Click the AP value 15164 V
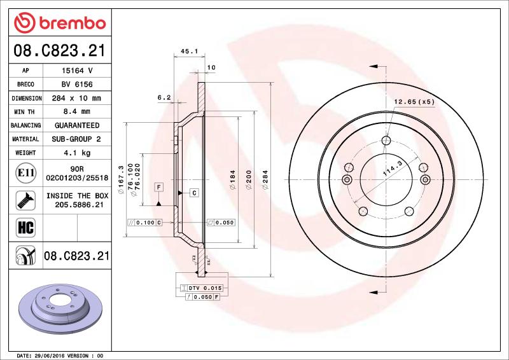coord(77,71)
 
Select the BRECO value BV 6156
coord(77,85)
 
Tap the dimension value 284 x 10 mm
coord(77,99)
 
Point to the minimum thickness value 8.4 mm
coord(77,112)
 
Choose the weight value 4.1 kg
coord(77,153)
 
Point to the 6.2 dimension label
coord(164,97)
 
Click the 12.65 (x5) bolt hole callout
coord(414,101)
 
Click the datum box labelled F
coord(158,186)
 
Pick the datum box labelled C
coord(193,192)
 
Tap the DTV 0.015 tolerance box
coord(200,289)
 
